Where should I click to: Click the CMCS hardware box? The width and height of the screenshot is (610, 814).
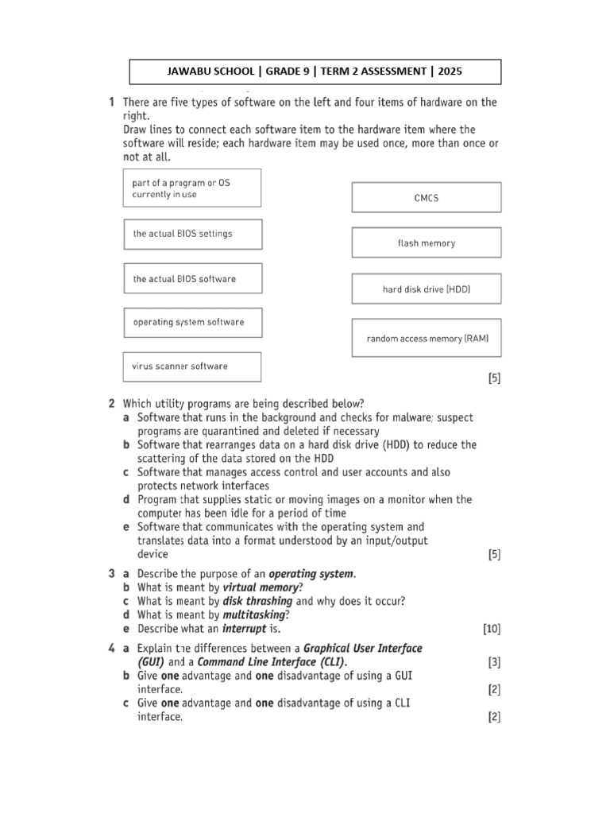(427, 197)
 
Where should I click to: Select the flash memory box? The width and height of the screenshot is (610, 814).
(427, 243)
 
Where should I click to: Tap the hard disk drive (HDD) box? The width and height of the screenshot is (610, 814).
(427, 289)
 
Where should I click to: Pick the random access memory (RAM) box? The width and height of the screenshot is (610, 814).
(427, 338)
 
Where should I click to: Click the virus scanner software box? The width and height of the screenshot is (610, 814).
(191, 366)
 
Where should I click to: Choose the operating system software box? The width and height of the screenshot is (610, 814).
(191, 322)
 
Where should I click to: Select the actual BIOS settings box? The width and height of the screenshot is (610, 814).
(191, 234)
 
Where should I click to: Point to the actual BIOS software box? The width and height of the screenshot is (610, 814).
(191, 278)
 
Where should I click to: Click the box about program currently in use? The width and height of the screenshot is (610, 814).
(191, 188)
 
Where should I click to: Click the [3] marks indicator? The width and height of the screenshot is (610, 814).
(493, 661)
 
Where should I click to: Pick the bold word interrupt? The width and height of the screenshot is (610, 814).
(237, 629)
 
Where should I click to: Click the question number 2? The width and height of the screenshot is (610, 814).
(112, 403)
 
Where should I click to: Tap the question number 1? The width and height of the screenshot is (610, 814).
(112, 102)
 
